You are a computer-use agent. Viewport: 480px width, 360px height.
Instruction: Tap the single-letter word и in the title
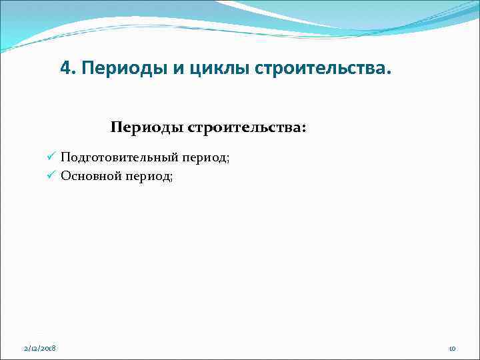tap(164, 69)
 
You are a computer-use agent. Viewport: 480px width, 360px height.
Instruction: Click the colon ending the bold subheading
tap(305, 129)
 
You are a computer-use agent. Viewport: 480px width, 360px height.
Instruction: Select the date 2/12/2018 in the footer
tap(40, 349)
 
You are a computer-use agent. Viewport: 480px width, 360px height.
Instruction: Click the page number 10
tap(451, 349)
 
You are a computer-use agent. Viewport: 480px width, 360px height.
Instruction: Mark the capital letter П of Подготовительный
tap(65, 157)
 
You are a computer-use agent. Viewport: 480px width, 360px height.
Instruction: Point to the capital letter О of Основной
tap(65, 176)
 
